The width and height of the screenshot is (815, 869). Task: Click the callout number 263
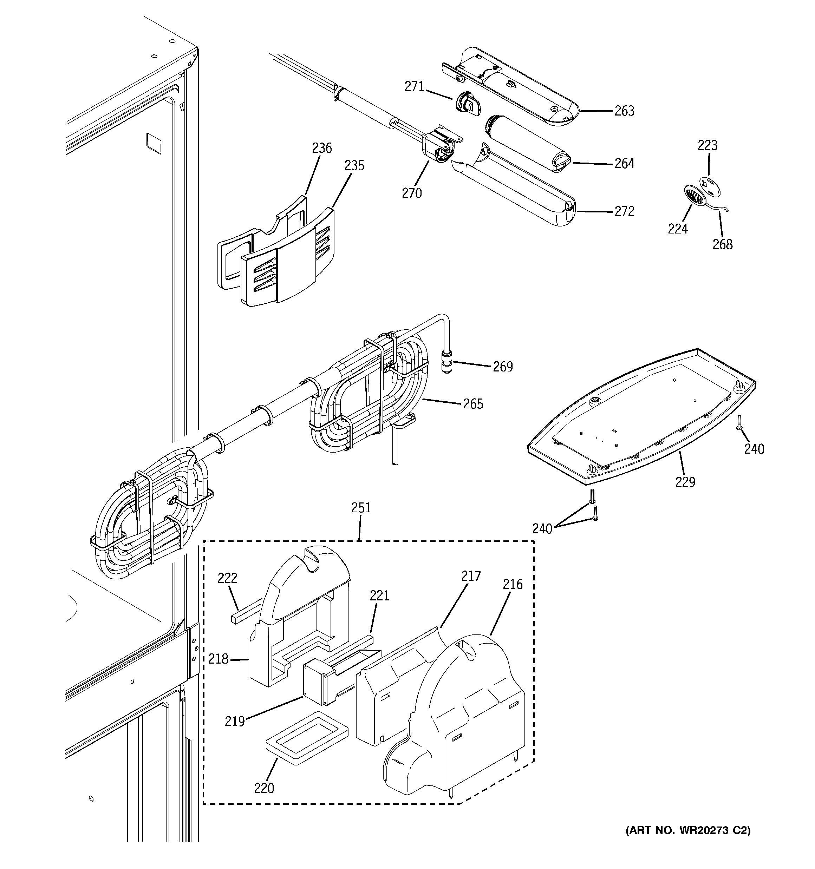point(624,111)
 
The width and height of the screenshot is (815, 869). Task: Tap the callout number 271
point(414,87)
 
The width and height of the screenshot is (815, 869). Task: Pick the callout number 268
point(722,244)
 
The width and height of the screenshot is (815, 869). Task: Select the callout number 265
point(473,403)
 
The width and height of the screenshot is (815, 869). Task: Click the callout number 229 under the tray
point(685,482)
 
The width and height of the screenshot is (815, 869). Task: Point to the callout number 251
point(361,507)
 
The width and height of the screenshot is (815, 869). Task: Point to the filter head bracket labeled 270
point(437,146)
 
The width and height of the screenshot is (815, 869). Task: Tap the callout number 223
point(708,145)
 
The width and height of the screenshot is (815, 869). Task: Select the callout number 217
point(471,576)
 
